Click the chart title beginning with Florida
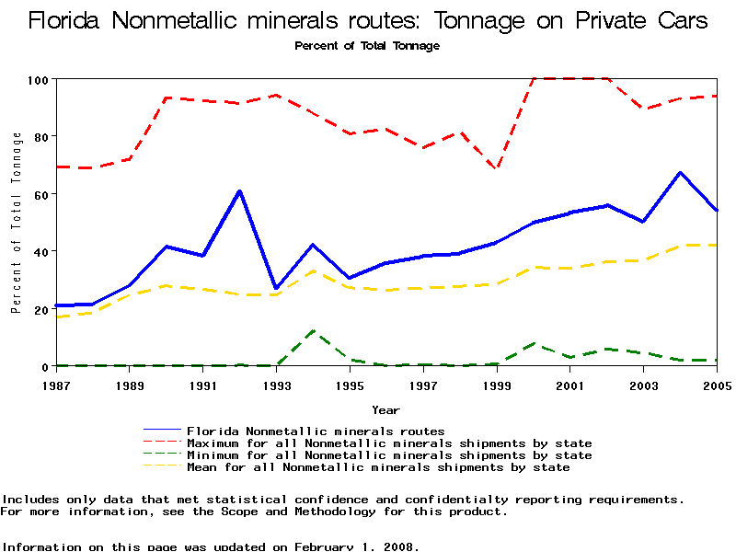(x=368, y=21)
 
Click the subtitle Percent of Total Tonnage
(x=367, y=46)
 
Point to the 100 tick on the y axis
(x=38, y=79)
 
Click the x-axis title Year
(x=385, y=409)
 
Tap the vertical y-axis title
(x=17, y=223)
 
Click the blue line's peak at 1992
(x=239, y=191)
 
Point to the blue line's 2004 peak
(x=680, y=173)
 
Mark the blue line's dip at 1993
(x=276, y=289)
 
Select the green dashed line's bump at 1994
(x=314, y=331)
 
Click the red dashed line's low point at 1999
(x=497, y=168)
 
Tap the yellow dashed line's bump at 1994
(x=314, y=270)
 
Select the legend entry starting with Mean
(x=378, y=467)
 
